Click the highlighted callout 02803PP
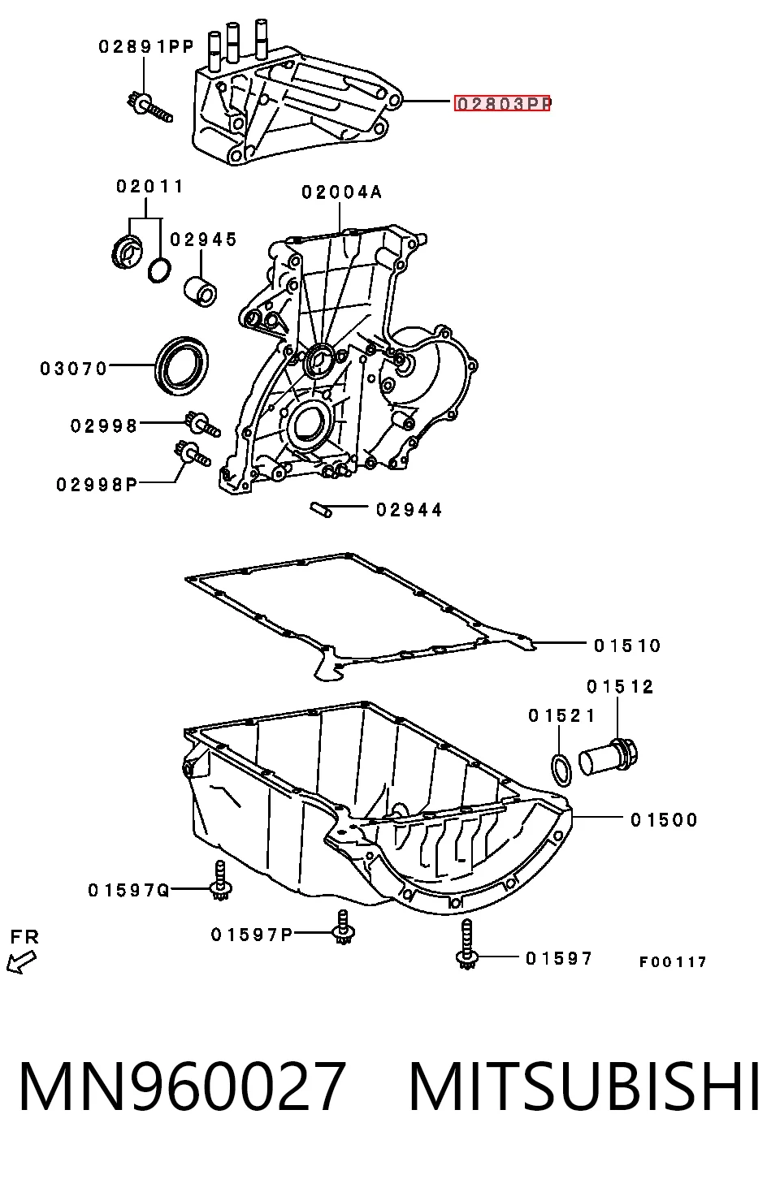pyautogui.click(x=502, y=103)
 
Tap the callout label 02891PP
pyautogui.click(x=147, y=47)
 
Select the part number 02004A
pyautogui.click(x=341, y=192)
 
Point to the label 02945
pyautogui.click(x=204, y=240)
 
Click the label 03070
pyautogui.click(x=74, y=369)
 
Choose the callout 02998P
pyautogui.click(x=97, y=484)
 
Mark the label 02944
pyautogui.click(x=409, y=509)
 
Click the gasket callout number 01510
pyautogui.click(x=627, y=646)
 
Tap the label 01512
pyautogui.click(x=620, y=686)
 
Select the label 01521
pyautogui.click(x=561, y=715)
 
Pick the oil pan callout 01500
pyautogui.click(x=664, y=819)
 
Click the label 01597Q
pyautogui.click(x=128, y=890)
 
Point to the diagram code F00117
pyautogui.click(x=673, y=962)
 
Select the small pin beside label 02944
pyautogui.click(x=321, y=510)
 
